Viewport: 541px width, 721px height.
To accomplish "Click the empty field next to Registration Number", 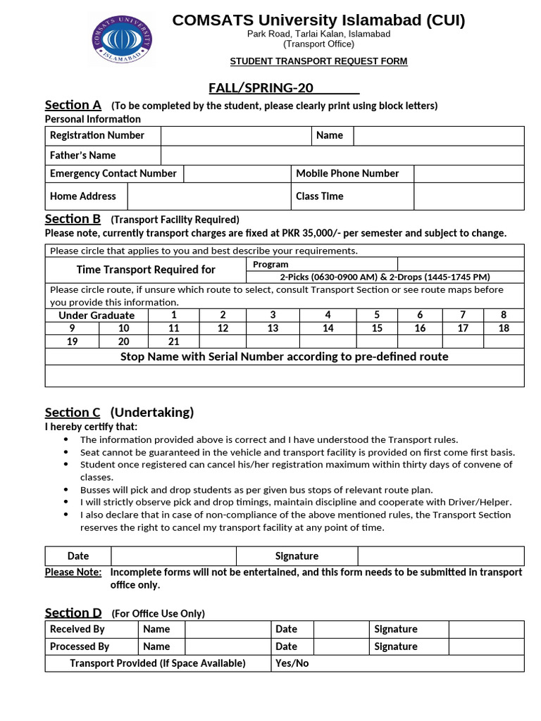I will pyautogui.click(x=236, y=136).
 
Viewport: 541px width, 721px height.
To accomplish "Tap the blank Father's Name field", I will pyautogui.click(x=342, y=156).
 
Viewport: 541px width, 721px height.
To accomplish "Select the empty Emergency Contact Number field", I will pyautogui.click(x=237, y=174).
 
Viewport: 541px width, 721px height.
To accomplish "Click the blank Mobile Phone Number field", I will pyautogui.click(x=468, y=174).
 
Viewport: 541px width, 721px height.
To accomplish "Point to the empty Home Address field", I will pyautogui.click(x=209, y=196).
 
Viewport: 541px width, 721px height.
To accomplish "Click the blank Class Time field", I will pyautogui.click(x=468, y=196).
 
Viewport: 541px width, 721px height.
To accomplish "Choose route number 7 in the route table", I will pyautogui.click(x=463, y=315).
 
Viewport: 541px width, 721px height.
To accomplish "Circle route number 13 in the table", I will pyautogui.click(x=273, y=328).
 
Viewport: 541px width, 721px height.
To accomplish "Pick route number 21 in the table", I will pyautogui.click(x=174, y=341).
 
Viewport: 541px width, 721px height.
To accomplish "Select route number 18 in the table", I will pyautogui.click(x=504, y=328).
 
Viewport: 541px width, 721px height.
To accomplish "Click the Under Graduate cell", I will pyautogui.click(x=97, y=315).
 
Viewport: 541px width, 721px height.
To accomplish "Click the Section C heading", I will pyautogui.click(x=73, y=413).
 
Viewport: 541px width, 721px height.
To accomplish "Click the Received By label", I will pyautogui.click(x=77, y=629).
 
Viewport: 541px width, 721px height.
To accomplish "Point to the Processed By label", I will pyautogui.click(x=80, y=646).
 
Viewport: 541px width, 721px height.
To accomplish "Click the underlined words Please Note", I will pyautogui.click(x=73, y=572).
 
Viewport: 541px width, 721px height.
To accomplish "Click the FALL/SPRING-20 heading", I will pyautogui.click(x=284, y=88).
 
